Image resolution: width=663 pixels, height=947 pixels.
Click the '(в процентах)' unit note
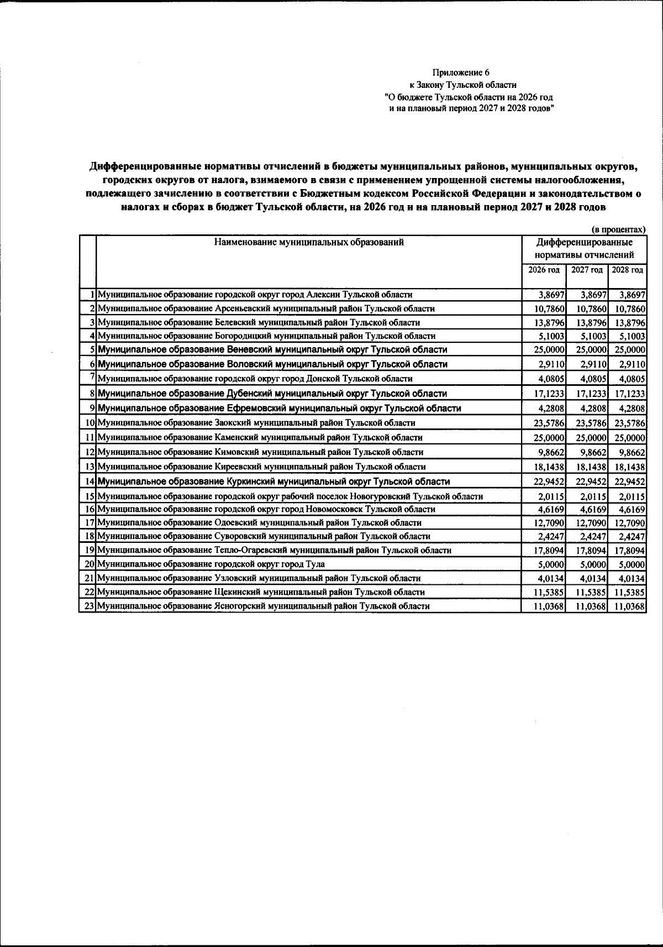click(618, 229)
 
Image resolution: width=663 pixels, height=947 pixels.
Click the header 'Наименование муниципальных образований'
click(309, 242)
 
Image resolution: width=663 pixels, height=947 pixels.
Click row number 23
click(87, 606)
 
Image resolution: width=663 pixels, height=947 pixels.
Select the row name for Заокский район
click(256, 423)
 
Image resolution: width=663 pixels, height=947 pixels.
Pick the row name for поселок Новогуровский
click(290, 496)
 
